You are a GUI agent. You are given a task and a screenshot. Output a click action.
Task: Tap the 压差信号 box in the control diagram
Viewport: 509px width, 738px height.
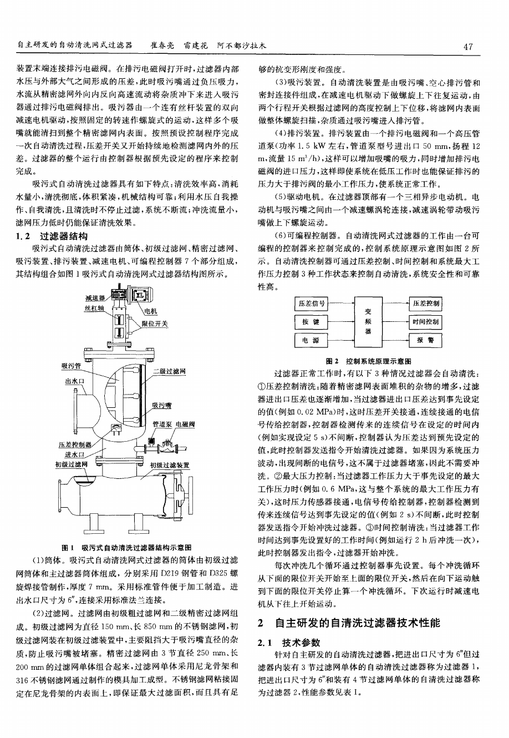point(312,304)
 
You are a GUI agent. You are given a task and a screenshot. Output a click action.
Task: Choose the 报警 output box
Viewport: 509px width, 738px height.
point(425,340)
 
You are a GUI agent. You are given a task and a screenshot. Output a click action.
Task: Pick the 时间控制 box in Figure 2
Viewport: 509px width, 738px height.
point(425,322)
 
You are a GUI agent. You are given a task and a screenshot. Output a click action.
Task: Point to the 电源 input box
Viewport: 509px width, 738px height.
point(312,340)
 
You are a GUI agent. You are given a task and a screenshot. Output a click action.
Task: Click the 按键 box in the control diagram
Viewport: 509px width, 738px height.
point(312,322)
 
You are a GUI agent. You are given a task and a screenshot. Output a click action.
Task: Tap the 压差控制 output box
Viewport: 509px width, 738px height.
point(425,304)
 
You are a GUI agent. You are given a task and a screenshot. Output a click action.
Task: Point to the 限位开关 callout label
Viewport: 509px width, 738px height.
point(155,323)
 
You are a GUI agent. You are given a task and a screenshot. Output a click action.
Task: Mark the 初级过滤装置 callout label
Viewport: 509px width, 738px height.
point(170,464)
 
